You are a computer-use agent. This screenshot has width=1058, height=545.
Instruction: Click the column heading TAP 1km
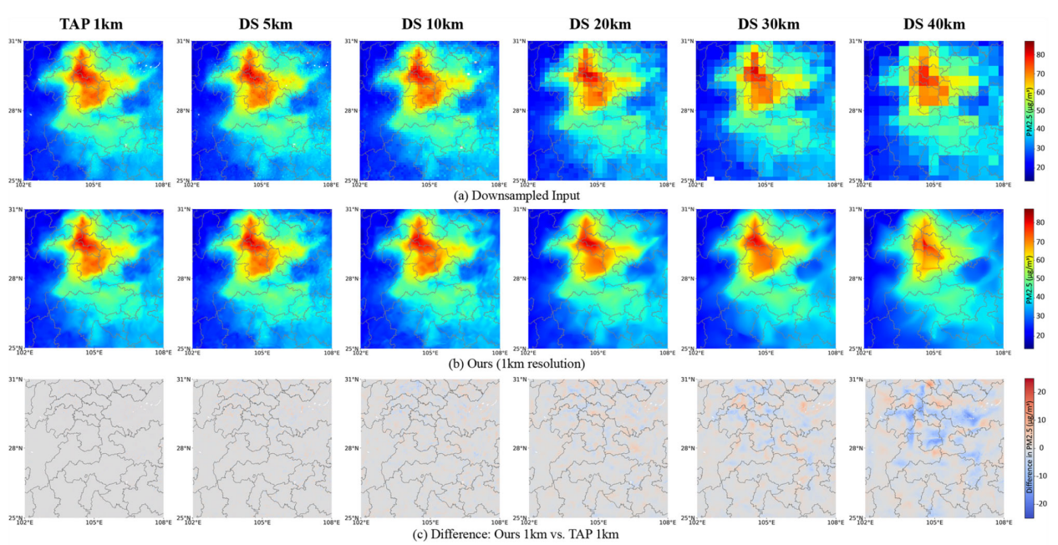(x=92, y=24)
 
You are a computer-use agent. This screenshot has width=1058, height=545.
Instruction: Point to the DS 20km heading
(x=598, y=24)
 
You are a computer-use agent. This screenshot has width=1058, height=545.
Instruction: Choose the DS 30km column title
(x=766, y=24)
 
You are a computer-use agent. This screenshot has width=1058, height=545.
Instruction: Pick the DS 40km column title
(x=933, y=24)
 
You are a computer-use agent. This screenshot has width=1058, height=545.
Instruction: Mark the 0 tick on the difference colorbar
(x=1041, y=447)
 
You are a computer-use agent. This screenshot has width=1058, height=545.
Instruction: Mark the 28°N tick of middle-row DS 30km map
(x=688, y=279)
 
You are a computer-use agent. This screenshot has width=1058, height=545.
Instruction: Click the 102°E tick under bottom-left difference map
(x=25, y=522)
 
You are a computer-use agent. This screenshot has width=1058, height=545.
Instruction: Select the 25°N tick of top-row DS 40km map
(x=855, y=180)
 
